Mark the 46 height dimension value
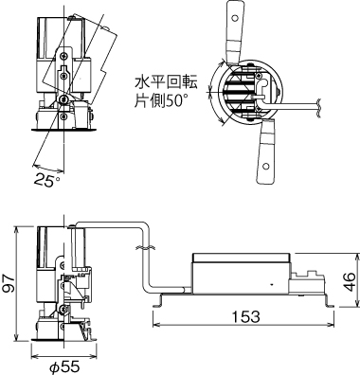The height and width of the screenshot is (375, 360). (x=349, y=279)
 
